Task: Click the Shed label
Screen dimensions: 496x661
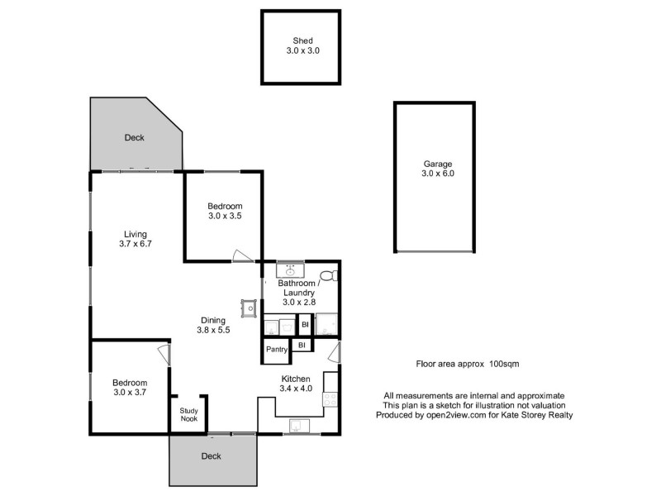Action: click(302, 41)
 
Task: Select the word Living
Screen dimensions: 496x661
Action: click(136, 234)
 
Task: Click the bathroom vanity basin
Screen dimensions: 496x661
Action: click(290, 270)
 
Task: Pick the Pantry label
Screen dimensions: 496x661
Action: click(276, 350)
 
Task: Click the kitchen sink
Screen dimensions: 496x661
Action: click(296, 427)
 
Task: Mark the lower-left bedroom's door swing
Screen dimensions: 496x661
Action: click(164, 355)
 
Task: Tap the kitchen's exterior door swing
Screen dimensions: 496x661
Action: click(332, 354)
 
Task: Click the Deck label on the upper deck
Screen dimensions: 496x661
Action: click(134, 138)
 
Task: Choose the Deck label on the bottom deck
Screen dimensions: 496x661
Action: click(212, 455)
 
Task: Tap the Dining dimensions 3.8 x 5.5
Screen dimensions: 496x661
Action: click(213, 331)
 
